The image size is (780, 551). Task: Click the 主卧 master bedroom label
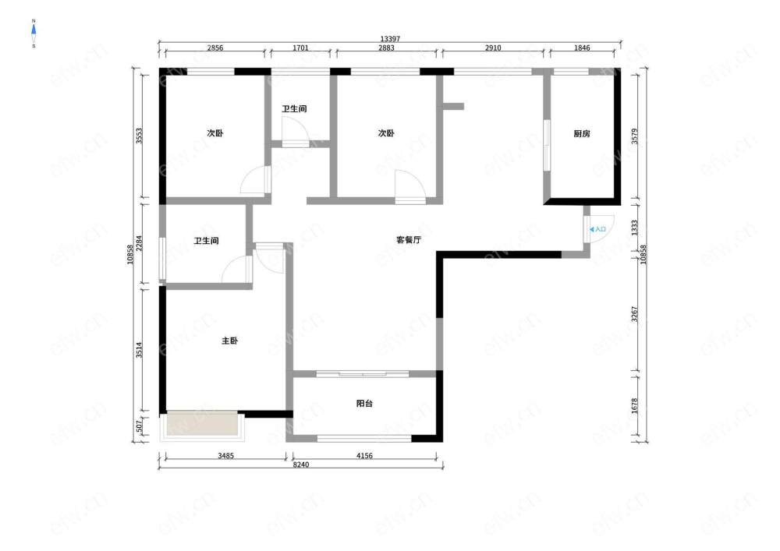point(230,341)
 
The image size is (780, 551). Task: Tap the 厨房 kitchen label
point(582,133)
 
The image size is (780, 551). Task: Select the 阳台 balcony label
point(364,404)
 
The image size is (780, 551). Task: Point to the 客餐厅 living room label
point(409,239)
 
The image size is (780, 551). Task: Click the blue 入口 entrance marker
point(598,229)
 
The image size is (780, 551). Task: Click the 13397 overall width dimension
point(390,39)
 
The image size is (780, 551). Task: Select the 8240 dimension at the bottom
point(300,465)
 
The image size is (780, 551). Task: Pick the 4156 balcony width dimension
point(364,456)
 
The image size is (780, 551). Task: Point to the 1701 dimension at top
point(300,48)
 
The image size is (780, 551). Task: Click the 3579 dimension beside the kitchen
point(634,136)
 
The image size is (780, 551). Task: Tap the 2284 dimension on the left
point(139,243)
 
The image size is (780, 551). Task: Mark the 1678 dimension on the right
point(634,405)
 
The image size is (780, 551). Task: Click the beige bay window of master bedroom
point(202,424)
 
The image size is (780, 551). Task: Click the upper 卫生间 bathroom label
point(295,109)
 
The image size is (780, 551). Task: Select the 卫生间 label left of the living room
point(207,241)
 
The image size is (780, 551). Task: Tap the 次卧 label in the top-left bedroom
point(215,133)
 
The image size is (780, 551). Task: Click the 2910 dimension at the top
point(493,48)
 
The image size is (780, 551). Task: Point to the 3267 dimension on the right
point(634,314)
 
